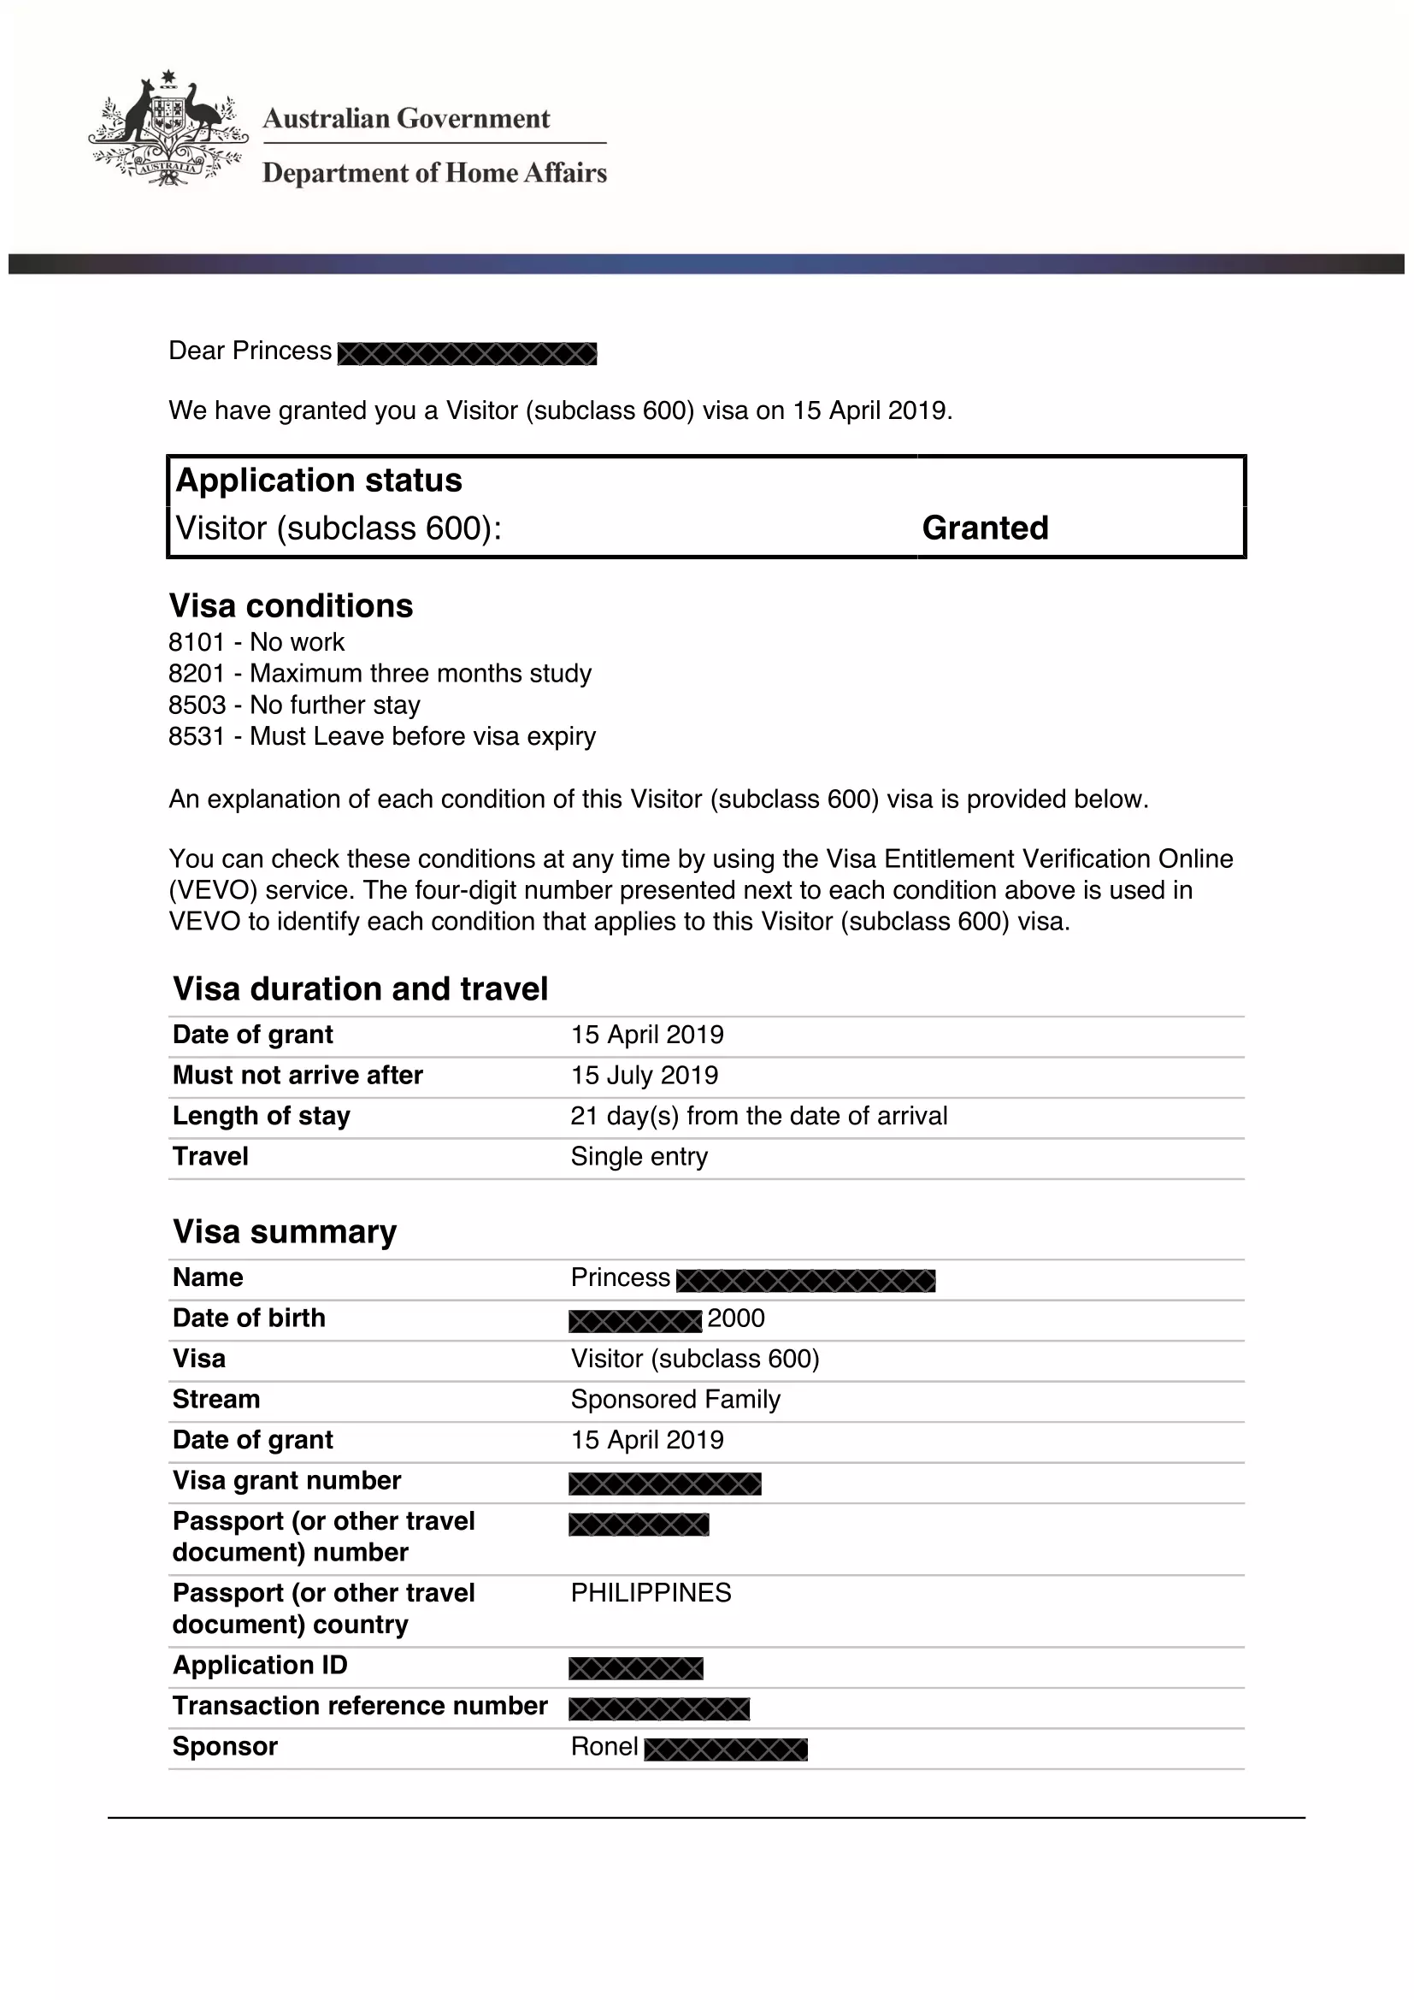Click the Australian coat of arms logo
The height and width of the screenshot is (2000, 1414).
pos(168,129)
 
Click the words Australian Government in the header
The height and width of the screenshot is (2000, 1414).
pos(406,119)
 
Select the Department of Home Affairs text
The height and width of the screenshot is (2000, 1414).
pos(433,174)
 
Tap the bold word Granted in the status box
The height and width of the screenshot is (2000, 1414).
pos(985,528)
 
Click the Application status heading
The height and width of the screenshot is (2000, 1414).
pos(319,481)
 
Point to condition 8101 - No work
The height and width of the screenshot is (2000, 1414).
pos(256,642)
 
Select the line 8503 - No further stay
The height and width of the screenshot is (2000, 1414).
pos(293,705)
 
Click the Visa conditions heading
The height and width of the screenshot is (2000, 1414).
pos(291,606)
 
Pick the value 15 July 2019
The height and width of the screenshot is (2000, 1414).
pos(645,1075)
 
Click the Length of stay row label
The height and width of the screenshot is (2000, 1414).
pos(262,1116)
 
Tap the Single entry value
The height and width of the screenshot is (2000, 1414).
pos(639,1157)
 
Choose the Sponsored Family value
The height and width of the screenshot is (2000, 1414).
pos(675,1400)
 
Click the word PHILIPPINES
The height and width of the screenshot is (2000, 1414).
pos(651,1593)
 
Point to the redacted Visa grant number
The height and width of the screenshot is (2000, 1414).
pos(665,1484)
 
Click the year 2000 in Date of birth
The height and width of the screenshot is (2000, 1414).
pos(736,1319)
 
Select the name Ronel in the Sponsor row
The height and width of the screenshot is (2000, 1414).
pos(604,1747)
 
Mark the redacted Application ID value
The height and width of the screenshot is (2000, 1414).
pos(635,1668)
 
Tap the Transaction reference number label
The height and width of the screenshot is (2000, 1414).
pos(360,1706)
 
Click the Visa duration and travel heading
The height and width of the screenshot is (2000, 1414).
pos(361,989)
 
